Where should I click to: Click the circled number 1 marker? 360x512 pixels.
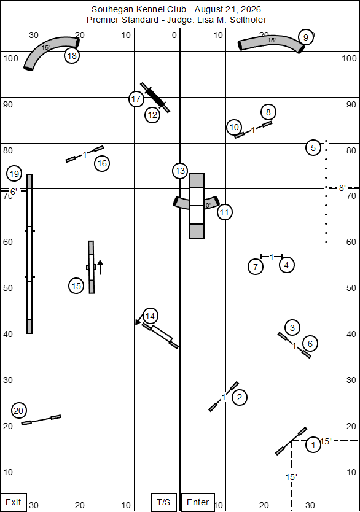click(x=313, y=444)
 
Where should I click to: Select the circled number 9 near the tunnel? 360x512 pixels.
click(x=306, y=37)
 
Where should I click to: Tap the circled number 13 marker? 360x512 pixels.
click(x=180, y=171)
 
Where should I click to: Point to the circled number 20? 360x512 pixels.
click(x=18, y=411)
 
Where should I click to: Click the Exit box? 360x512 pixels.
click(x=14, y=502)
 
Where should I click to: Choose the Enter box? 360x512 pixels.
click(x=198, y=502)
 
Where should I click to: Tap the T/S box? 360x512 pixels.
click(x=163, y=502)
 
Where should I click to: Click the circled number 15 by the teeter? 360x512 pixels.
click(x=76, y=286)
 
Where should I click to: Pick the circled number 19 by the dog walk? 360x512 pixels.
click(x=14, y=173)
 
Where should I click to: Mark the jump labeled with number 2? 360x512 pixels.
click(x=224, y=397)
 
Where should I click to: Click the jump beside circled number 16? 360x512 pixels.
click(x=85, y=154)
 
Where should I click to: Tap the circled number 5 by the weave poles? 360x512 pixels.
click(x=313, y=148)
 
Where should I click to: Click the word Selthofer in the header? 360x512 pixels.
click(x=248, y=20)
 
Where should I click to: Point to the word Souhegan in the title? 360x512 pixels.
click(x=106, y=9)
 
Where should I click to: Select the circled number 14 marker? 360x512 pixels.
click(x=150, y=316)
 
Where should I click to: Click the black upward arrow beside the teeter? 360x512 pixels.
click(x=100, y=267)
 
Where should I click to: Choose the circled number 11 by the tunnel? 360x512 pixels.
click(x=224, y=212)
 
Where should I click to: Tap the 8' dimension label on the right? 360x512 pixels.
click(x=342, y=188)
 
